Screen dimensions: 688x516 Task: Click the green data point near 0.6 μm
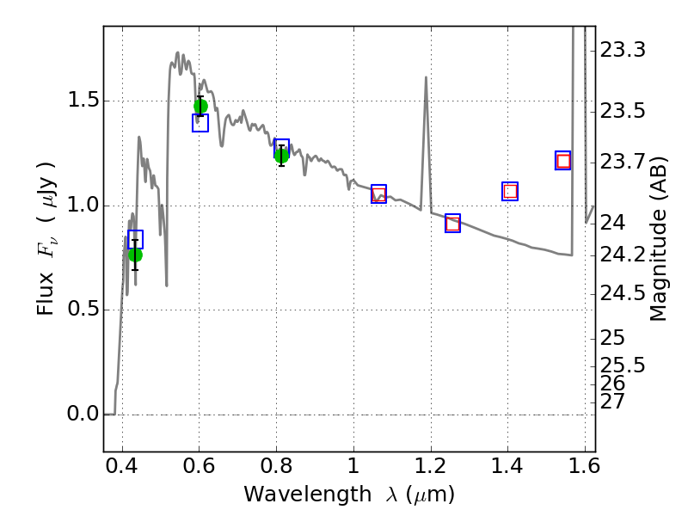200,107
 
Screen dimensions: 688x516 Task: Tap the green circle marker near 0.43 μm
135,255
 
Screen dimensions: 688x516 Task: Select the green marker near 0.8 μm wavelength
282,156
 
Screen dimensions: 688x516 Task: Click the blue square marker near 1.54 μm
563,161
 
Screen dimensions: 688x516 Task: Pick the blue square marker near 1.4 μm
510,191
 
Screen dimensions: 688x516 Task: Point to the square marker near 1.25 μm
453,224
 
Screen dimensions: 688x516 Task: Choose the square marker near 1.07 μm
378,194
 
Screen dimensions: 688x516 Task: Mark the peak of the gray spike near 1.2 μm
426,77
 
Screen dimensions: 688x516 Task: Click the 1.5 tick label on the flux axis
83,101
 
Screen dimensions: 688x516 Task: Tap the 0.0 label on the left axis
83,414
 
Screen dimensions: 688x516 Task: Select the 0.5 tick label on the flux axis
83,310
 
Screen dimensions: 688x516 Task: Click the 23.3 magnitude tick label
623,50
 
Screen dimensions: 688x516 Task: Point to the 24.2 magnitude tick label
623,255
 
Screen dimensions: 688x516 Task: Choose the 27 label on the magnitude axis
612,401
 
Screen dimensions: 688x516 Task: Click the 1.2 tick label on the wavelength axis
431,466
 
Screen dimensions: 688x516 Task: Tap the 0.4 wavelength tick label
122,466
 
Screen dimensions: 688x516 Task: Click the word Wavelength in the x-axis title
308,494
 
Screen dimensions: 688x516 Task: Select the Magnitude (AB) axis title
657,239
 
